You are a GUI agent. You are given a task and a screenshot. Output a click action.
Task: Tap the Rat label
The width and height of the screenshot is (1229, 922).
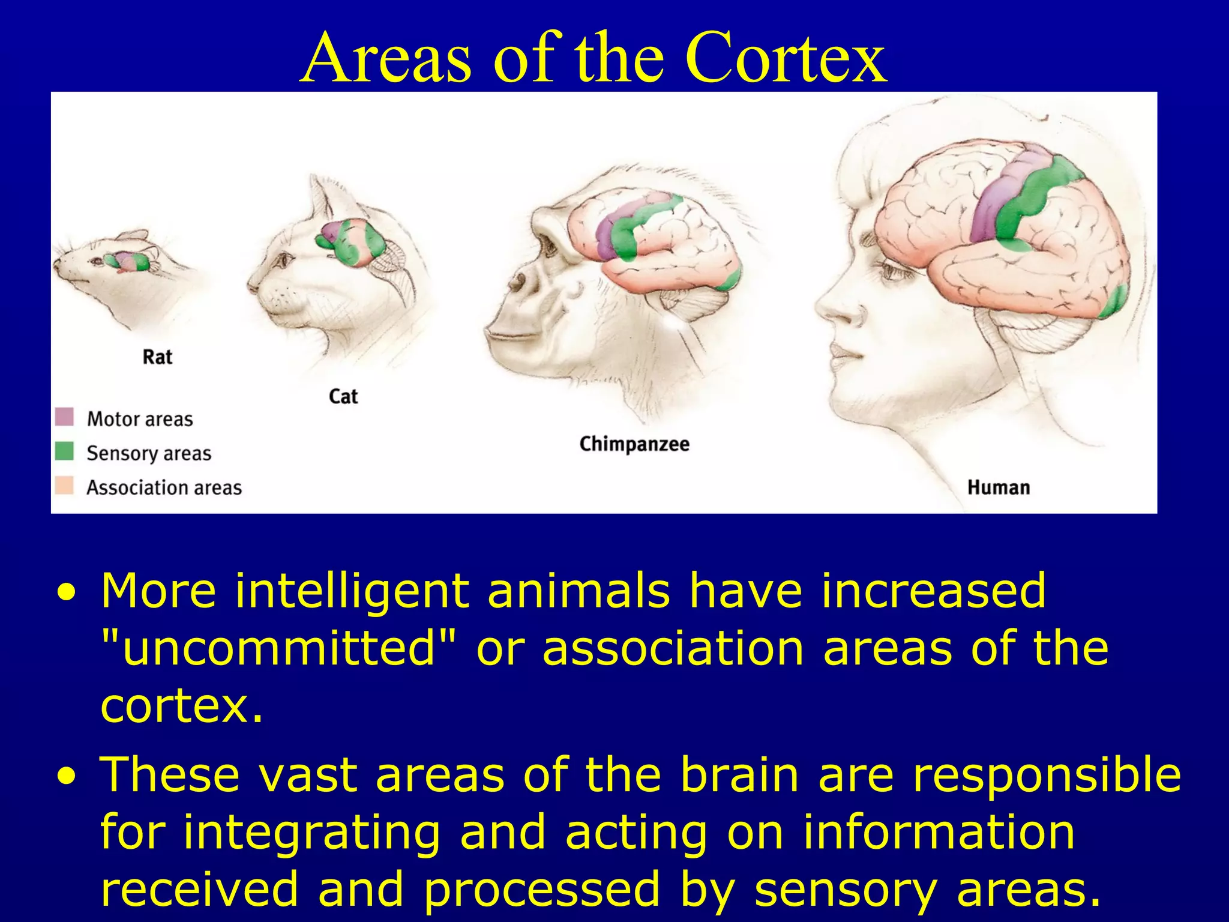pos(157,357)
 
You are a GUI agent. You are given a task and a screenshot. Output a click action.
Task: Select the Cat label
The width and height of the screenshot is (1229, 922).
pos(343,397)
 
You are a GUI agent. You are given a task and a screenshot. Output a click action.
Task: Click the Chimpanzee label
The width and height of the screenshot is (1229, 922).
pos(634,444)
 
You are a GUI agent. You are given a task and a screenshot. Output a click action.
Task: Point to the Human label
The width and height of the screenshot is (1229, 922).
pos(998,487)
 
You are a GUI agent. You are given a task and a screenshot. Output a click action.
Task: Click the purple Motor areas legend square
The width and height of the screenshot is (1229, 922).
pos(64,417)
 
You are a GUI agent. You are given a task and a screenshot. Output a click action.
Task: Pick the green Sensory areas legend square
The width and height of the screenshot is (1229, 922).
pos(64,451)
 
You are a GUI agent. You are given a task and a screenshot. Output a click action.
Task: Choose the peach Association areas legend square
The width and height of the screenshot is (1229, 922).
pos(64,486)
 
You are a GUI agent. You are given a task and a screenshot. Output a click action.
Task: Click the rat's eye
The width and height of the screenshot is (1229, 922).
pos(96,261)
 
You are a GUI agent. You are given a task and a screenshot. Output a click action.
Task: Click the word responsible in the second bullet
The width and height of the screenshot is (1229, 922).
pos(1047,774)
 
